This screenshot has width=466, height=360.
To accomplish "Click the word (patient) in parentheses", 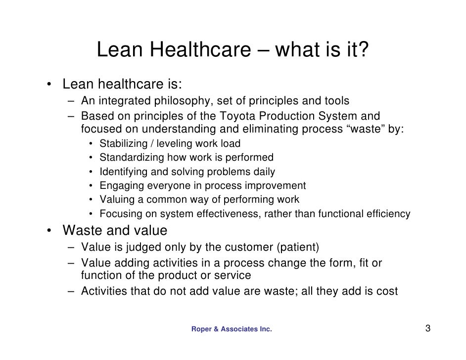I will point(298,247).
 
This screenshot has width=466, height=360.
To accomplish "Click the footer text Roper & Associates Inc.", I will point(232,329).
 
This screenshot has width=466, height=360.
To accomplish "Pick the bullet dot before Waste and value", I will point(50,231).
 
